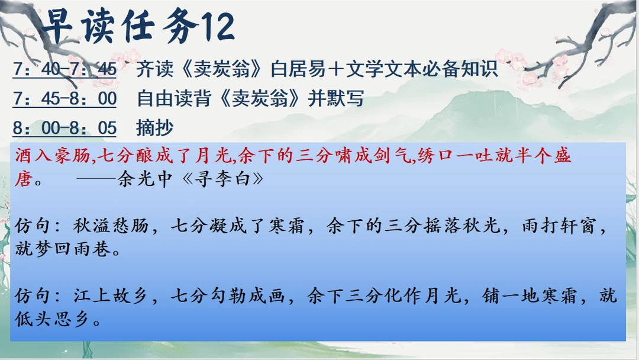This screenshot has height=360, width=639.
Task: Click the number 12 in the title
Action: click(218, 27)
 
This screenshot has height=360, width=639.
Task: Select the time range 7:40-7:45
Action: click(64, 69)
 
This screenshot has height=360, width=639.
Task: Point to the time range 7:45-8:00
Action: click(64, 99)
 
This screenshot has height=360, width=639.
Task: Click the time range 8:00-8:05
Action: click(64, 128)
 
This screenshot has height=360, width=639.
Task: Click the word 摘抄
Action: click(155, 128)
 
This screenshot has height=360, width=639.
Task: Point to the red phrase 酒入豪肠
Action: click(52, 156)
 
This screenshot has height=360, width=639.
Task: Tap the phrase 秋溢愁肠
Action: click(111, 226)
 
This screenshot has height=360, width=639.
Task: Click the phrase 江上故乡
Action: click(111, 295)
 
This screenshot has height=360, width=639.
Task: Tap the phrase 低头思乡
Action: click(52, 319)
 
